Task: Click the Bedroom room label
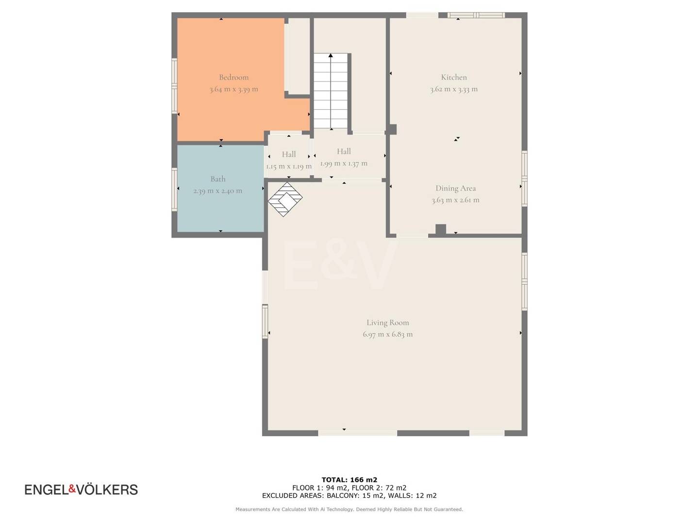(233, 77)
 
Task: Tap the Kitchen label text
(454, 77)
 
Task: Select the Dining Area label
(456, 188)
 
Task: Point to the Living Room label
(387, 323)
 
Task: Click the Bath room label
(218, 179)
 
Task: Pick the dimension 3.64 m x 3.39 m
(234, 89)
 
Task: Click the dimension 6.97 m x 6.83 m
(387, 334)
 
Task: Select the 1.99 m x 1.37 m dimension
(344, 164)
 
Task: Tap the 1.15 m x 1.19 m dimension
(289, 166)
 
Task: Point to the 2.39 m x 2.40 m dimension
(218, 191)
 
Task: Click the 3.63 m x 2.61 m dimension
(455, 200)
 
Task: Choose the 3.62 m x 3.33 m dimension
(454, 89)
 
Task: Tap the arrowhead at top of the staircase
(331, 56)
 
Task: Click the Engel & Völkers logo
(81, 490)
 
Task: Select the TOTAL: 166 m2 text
(349, 480)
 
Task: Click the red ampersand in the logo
(72, 489)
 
